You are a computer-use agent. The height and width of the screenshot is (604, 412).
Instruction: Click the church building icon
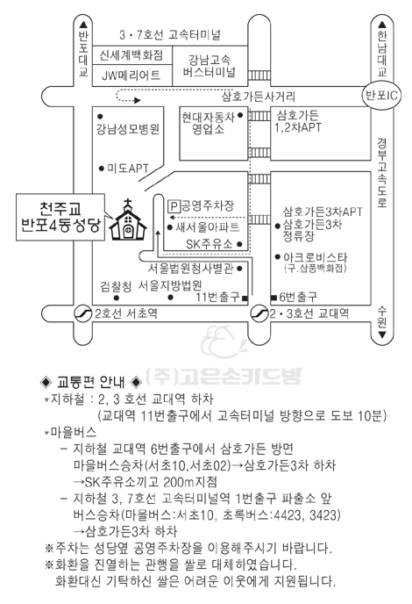pos(128,220)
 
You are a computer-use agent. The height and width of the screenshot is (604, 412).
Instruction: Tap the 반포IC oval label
pos(381,95)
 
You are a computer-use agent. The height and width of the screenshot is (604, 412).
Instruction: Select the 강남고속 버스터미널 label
pos(209,66)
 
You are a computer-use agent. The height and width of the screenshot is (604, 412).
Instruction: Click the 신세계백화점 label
pos(131,55)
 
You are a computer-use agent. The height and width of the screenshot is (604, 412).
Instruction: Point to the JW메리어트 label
pos(131,75)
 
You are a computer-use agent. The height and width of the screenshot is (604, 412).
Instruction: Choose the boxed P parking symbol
pos(174,206)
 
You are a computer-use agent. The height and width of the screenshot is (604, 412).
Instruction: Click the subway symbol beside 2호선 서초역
pos(82,313)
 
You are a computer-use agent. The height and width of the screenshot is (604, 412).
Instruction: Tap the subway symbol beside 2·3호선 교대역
pos(259,313)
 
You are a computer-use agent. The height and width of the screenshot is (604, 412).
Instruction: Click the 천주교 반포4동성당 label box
pos(60,217)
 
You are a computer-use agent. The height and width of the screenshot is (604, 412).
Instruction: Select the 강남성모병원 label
pos(128,129)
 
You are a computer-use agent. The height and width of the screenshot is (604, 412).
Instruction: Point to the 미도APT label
pos(128,169)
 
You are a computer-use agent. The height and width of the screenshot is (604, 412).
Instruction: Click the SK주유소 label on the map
pos(210,244)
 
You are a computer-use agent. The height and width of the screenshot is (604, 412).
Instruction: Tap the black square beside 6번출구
pos(273,298)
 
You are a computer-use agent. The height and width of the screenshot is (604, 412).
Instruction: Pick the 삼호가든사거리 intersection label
pos(258,96)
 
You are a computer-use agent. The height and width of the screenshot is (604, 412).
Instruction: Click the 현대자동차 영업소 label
pos(208,123)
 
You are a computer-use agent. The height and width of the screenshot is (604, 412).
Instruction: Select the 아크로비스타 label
pos(315,257)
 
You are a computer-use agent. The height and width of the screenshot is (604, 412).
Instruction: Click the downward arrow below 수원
pos(382,334)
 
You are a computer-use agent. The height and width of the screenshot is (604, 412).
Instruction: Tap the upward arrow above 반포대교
pos(83,25)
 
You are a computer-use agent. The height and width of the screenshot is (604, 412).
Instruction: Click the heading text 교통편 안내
pos(91,381)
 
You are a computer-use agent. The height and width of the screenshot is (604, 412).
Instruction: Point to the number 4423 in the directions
pos(288,514)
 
